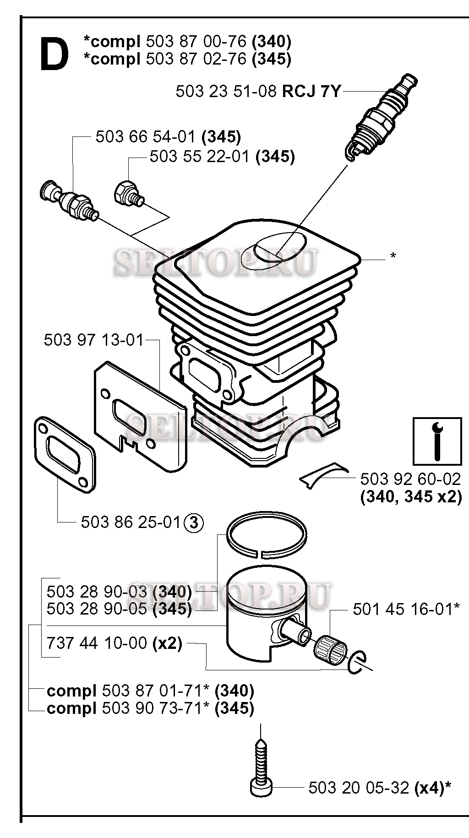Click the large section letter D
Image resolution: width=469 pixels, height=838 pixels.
click(55, 54)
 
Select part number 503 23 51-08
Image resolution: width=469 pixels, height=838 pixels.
click(226, 91)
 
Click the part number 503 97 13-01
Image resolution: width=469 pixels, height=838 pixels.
click(94, 340)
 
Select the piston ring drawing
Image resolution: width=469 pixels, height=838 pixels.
click(267, 535)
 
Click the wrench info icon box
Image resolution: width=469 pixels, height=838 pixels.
click(437, 441)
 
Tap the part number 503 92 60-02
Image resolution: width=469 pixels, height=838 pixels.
click(410, 479)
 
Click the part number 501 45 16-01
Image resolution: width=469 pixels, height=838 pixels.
click(402, 609)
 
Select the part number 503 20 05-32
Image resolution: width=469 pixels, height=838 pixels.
click(359, 788)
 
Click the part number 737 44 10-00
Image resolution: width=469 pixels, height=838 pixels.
click(97, 643)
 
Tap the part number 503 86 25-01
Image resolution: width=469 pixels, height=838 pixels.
click(131, 522)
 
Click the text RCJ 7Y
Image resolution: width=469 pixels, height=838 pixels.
click(311, 91)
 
